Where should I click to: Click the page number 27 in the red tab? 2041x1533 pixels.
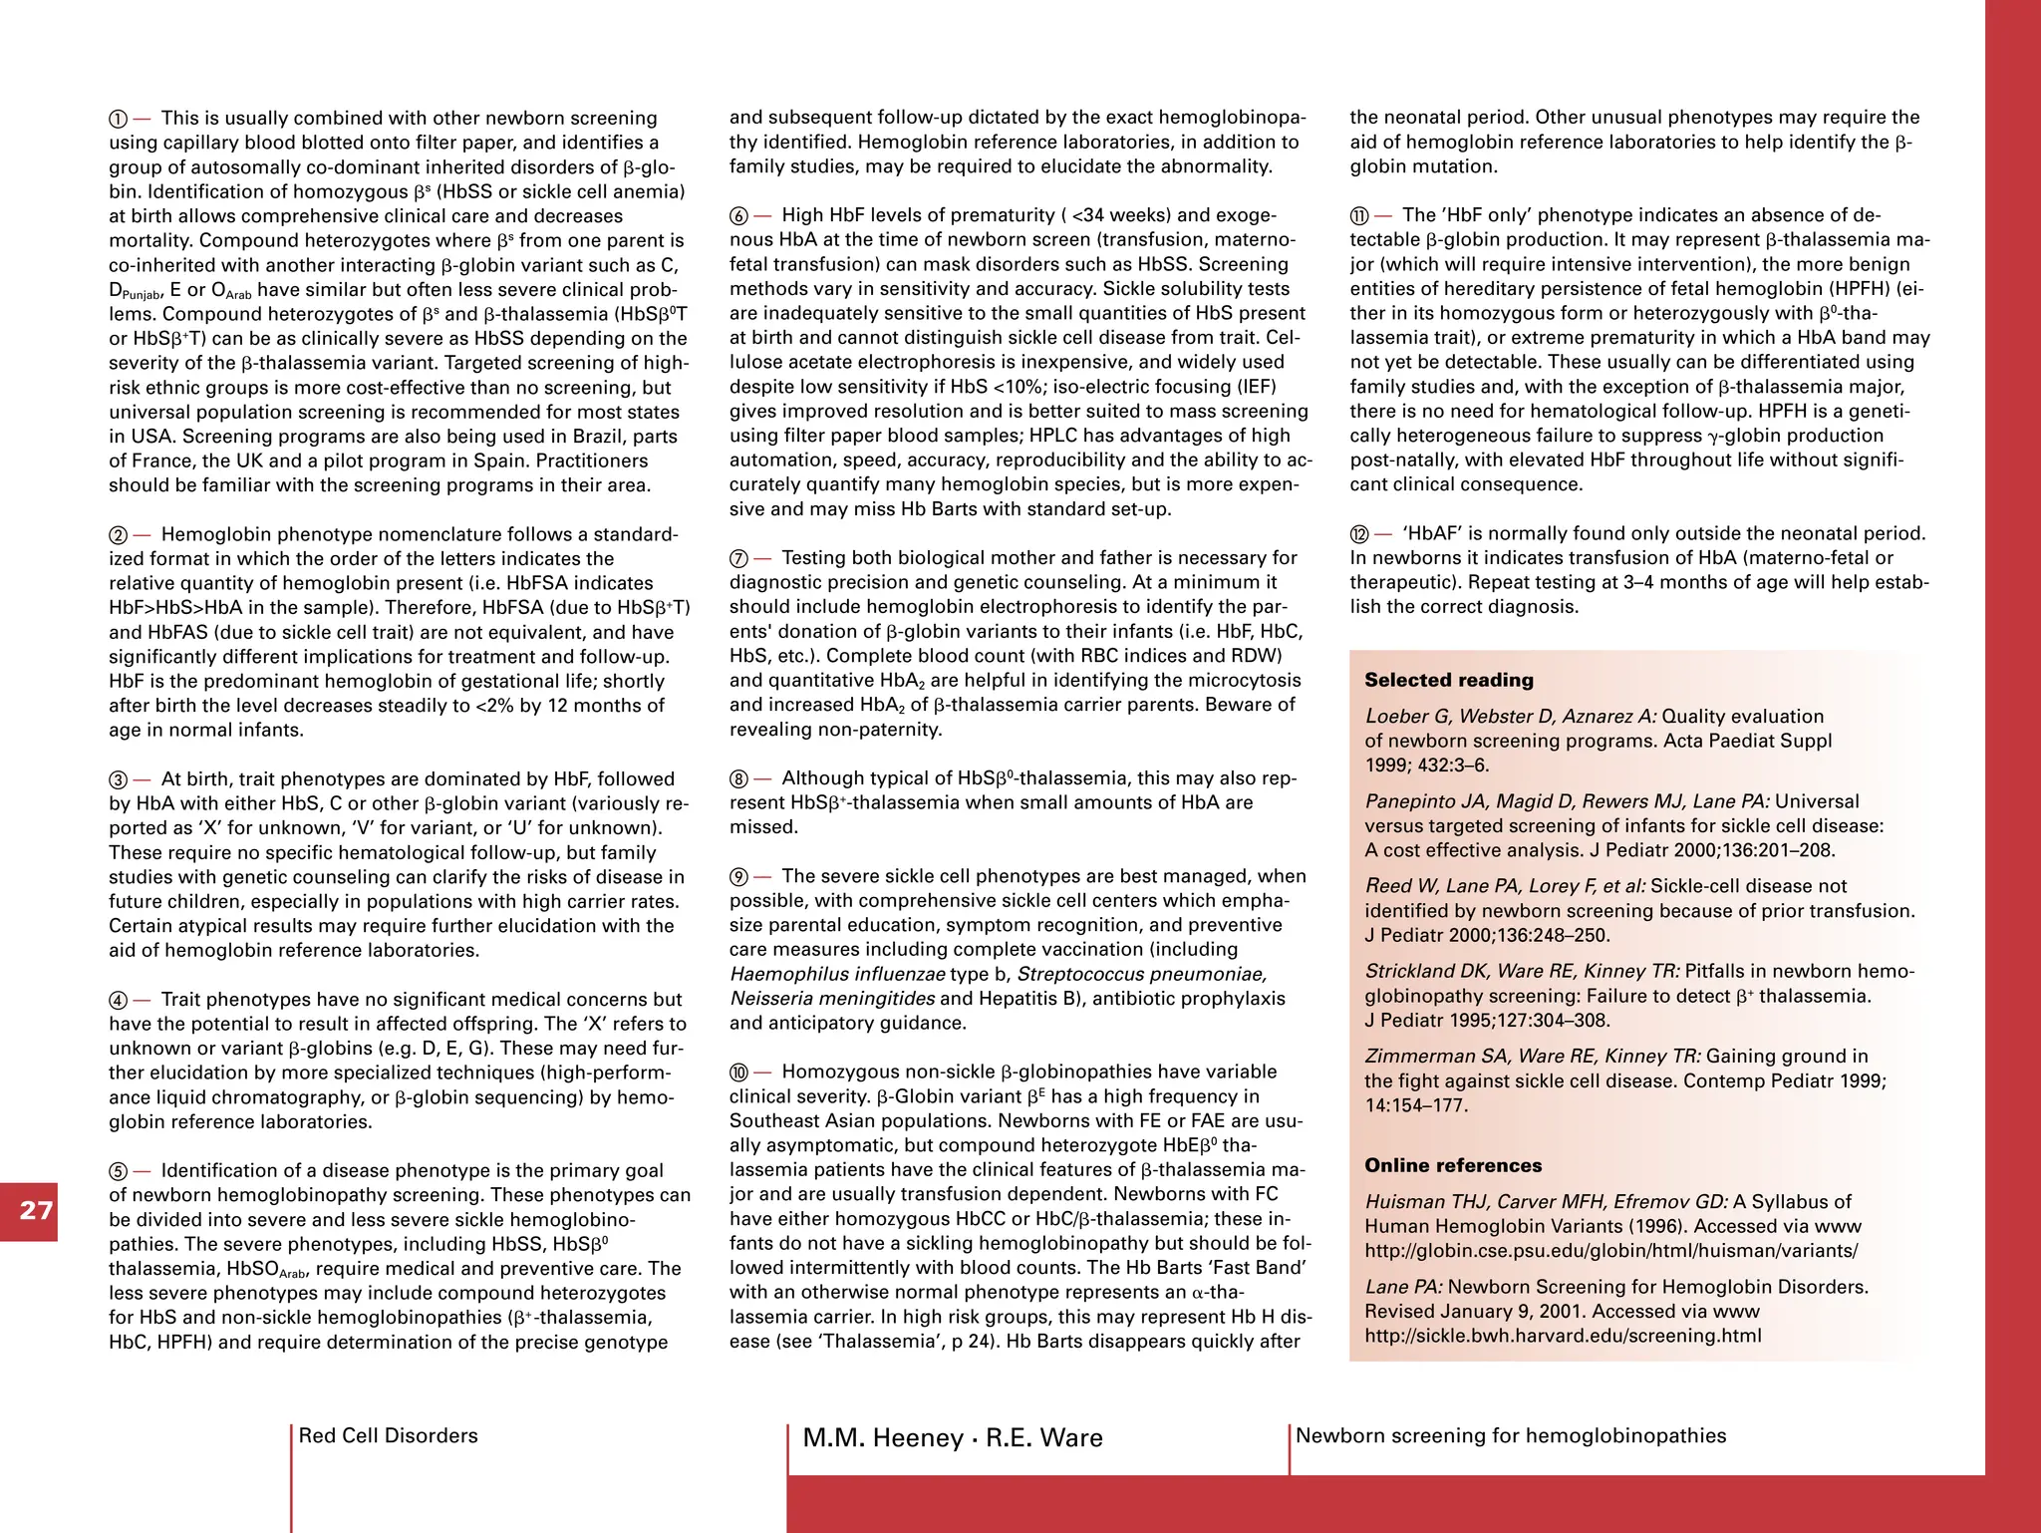click(36, 1211)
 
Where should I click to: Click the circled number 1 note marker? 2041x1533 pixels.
click(118, 120)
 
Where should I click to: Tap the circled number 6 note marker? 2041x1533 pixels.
click(738, 216)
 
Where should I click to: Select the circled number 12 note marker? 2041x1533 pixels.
click(1359, 534)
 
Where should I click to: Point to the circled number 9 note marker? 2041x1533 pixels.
click(738, 877)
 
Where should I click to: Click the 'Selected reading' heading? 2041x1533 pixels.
click(1448, 680)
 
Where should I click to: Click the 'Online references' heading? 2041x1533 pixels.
click(1452, 1165)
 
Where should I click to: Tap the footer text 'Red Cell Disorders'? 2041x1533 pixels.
click(388, 1435)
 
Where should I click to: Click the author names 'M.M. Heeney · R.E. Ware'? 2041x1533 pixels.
click(952, 1437)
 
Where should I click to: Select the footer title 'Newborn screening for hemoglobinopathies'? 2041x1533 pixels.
click(1510, 1435)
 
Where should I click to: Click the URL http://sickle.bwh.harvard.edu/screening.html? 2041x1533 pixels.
click(1562, 1336)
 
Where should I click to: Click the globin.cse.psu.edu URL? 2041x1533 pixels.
click(1610, 1251)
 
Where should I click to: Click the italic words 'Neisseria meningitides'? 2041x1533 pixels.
click(831, 999)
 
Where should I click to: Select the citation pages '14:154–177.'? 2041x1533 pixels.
click(1415, 1105)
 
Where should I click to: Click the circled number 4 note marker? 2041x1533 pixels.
click(118, 1001)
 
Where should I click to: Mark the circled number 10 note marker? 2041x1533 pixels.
click(738, 1073)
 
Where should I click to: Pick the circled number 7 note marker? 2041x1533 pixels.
click(738, 559)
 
